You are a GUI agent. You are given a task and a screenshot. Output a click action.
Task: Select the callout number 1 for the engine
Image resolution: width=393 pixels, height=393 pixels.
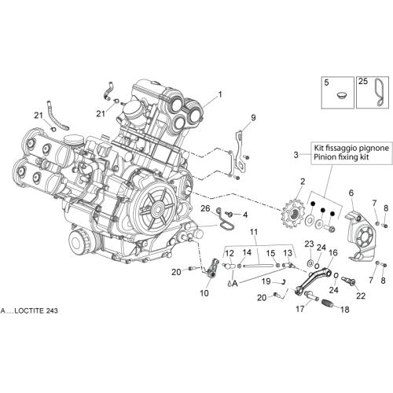coord(220,94)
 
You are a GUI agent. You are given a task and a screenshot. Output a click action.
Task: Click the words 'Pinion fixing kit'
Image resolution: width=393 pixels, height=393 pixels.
coord(341,157)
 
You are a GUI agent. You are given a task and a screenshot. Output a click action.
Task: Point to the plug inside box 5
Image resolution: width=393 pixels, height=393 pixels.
coord(342,95)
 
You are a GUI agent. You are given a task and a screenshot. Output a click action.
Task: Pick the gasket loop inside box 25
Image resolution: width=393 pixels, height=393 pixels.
coord(378,92)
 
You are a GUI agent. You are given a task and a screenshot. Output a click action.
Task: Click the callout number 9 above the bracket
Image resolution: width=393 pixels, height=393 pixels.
coord(253,118)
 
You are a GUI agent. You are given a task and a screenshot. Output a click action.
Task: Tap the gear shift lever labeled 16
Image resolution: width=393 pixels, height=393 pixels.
coord(312,281)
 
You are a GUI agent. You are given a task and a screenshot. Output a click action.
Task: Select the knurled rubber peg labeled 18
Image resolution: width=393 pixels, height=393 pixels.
coord(328,304)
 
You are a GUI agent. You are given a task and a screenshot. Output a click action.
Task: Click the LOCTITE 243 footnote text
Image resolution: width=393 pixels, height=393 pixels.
coord(29,311)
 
